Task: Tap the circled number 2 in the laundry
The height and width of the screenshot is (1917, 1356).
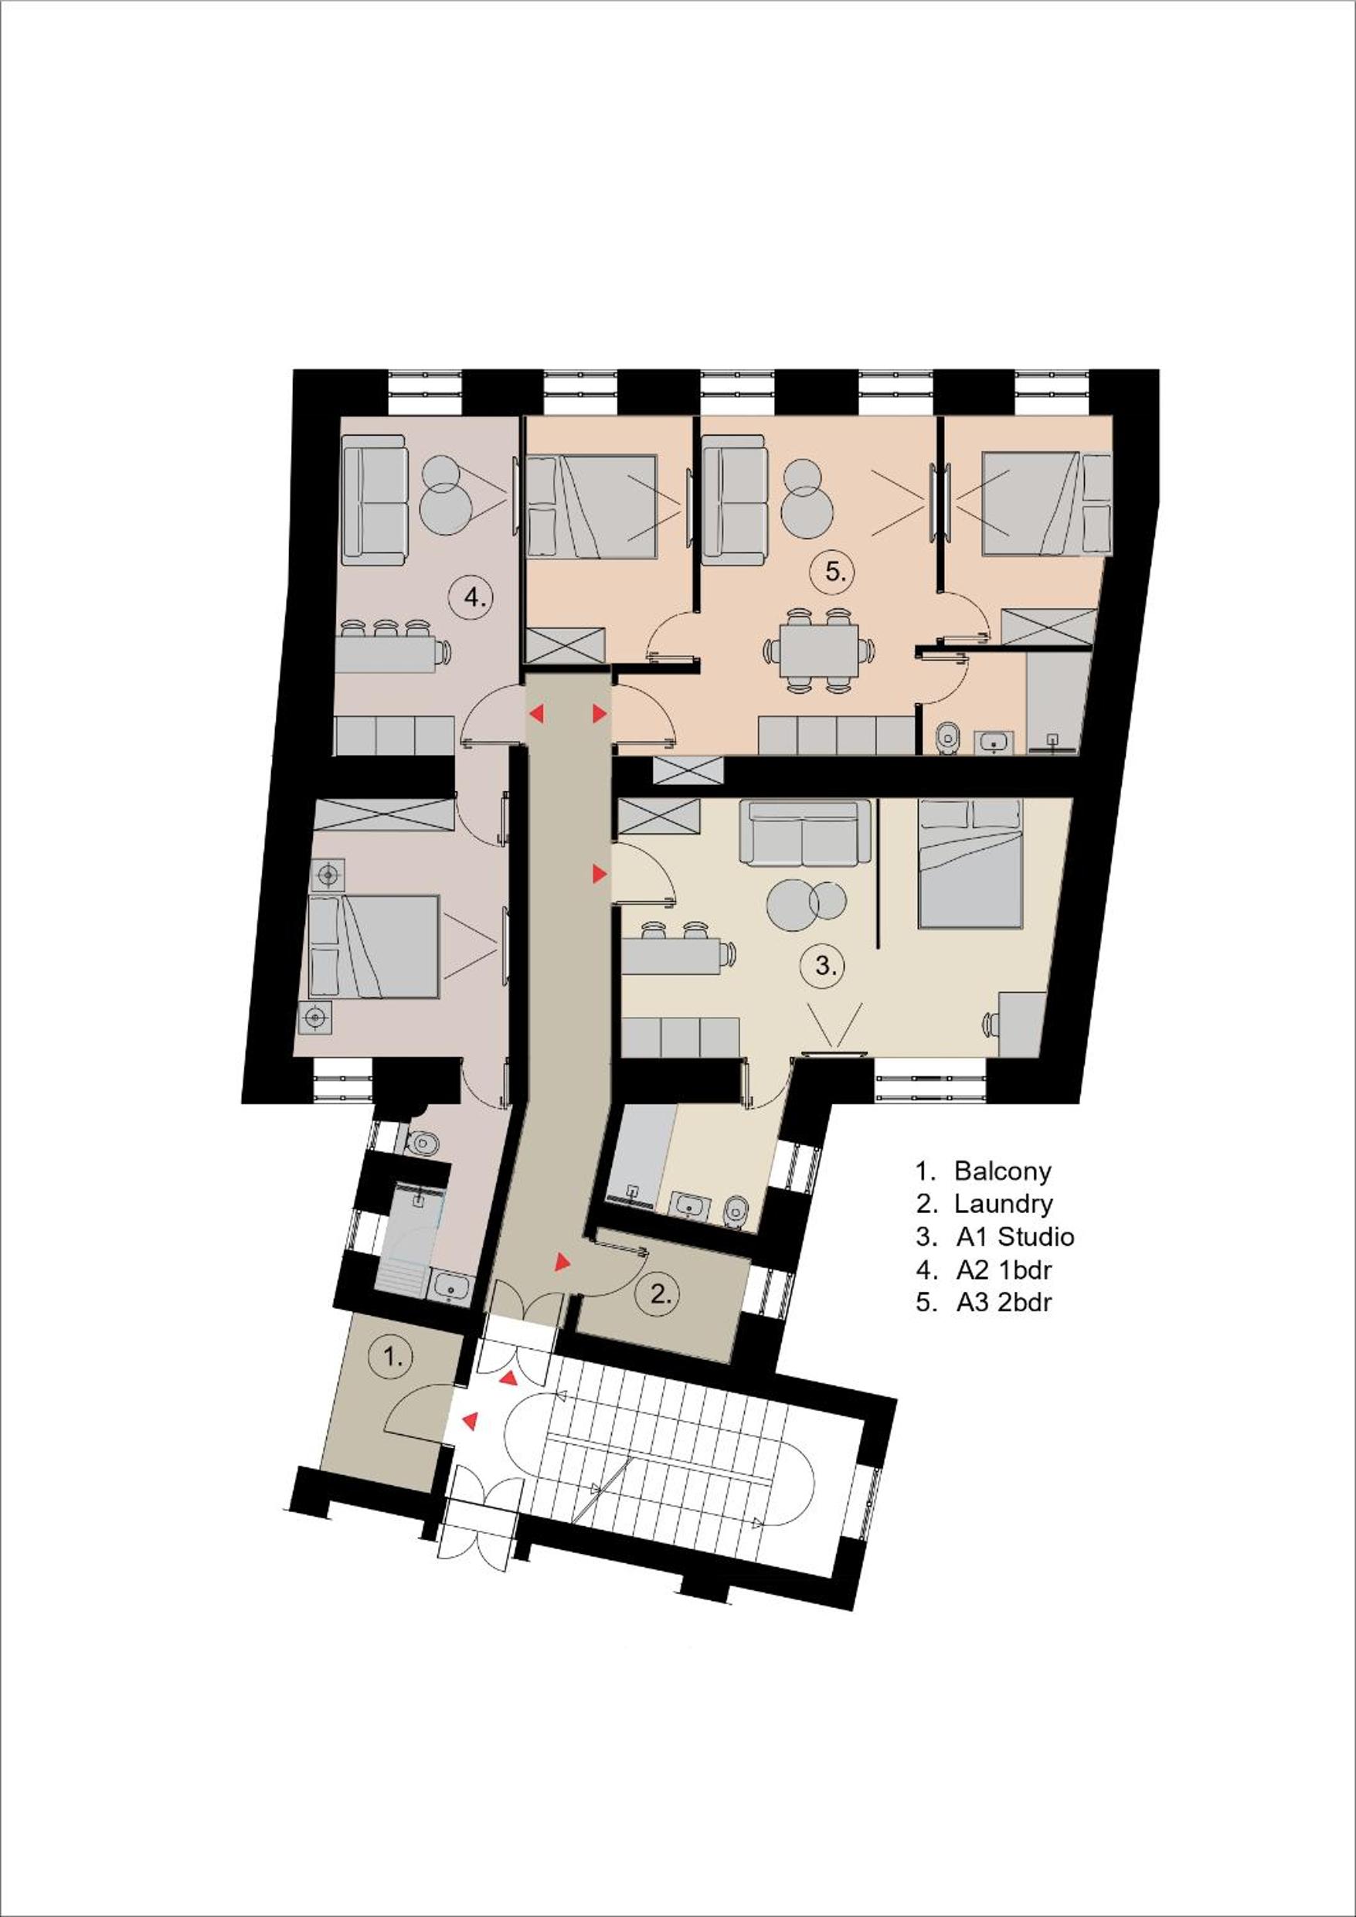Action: tap(660, 1295)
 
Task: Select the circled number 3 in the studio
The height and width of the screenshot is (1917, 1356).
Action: tap(824, 967)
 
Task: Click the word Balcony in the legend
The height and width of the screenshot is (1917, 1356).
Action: tap(1002, 1171)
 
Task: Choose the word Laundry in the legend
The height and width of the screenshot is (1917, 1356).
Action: tap(1003, 1204)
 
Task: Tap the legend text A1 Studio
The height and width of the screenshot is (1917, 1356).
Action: tap(1014, 1236)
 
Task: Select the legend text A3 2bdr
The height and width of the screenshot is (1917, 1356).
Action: tap(1003, 1302)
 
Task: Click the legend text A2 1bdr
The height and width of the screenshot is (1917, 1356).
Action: tap(1003, 1270)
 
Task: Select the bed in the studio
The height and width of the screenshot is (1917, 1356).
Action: tap(969, 863)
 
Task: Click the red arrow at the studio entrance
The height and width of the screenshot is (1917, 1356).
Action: tap(599, 874)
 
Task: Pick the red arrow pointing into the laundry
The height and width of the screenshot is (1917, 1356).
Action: tap(563, 1262)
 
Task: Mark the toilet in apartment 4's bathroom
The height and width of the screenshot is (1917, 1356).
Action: tap(422, 1140)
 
